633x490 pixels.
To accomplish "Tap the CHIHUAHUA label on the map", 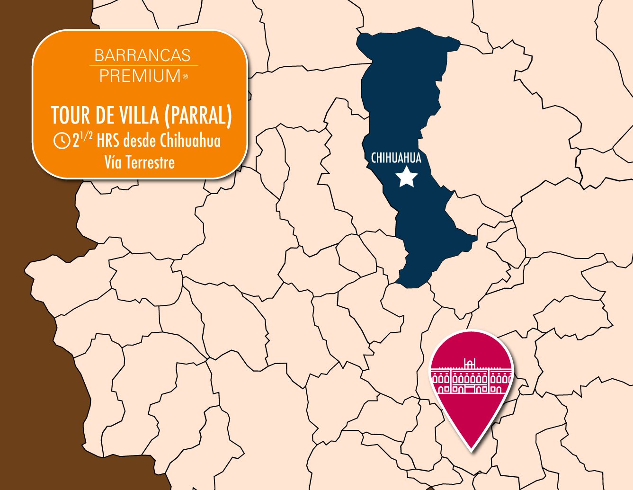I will (396, 158).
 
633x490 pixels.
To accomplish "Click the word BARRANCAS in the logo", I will (143, 55).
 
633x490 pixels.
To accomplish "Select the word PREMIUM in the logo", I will (140, 76).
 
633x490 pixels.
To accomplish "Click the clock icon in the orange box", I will (62, 141).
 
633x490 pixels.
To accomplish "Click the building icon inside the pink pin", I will (471, 377).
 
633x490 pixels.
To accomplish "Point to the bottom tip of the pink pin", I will (472, 447).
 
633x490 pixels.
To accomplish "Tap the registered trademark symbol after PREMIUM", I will (185, 77).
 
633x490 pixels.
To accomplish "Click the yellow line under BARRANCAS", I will (143, 65).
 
